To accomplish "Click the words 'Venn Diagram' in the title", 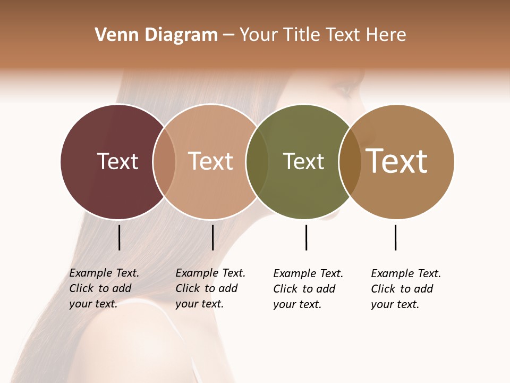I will click(x=156, y=35).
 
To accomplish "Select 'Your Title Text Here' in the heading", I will click(x=322, y=35).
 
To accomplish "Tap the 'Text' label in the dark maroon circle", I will click(x=117, y=161).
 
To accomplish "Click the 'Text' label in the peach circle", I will click(x=211, y=161).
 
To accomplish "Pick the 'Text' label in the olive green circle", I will click(x=303, y=161).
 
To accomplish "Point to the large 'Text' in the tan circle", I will click(x=397, y=161).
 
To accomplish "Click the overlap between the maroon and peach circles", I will click(x=164, y=162).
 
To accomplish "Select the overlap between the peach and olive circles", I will click(x=257, y=162).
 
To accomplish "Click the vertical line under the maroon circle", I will click(x=120, y=237).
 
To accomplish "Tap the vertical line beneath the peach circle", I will click(x=212, y=237).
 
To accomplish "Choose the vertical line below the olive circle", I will click(x=306, y=237).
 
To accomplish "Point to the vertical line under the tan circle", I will click(x=395, y=237).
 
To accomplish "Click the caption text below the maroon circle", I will click(x=104, y=288).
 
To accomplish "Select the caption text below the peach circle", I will click(x=210, y=288).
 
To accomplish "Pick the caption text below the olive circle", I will click(x=308, y=289).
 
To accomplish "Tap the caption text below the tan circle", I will click(x=405, y=289).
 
